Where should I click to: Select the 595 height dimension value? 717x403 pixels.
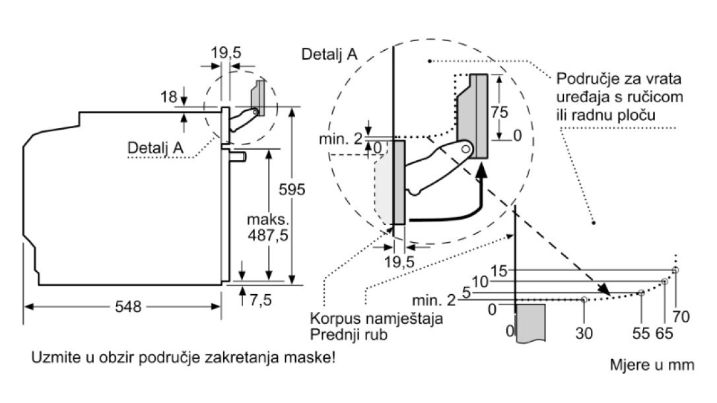click(x=292, y=190)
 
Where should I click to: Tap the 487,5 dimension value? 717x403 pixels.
click(x=268, y=235)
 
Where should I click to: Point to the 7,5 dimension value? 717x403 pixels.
click(x=260, y=300)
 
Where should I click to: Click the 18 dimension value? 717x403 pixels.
click(x=169, y=97)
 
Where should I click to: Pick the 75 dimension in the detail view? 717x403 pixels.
click(x=499, y=113)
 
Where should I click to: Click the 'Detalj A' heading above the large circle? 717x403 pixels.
click(x=329, y=54)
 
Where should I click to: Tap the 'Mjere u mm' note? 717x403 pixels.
click(x=652, y=364)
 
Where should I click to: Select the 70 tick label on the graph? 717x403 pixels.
click(x=681, y=317)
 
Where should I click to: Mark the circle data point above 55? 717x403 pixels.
click(x=641, y=292)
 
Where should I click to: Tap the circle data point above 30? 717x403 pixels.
click(x=584, y=299)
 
